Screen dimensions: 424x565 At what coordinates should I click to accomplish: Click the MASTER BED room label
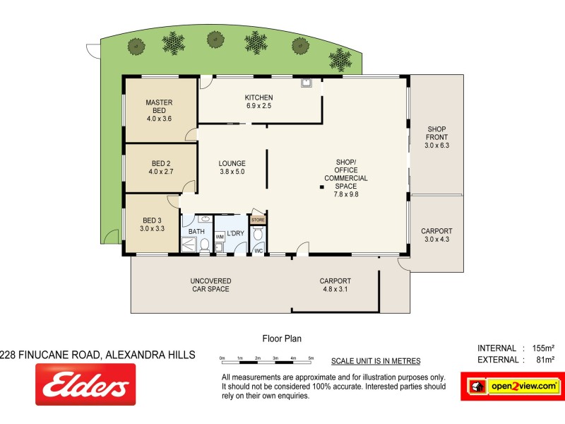(x=159, y=110)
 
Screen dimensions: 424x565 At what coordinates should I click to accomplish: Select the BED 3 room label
(x=153, y=224)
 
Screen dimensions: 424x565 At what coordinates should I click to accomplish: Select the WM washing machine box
(x=220, y=236)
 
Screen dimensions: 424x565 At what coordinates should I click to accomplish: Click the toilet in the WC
(x=258, y=235)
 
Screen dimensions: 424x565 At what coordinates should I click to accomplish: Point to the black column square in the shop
(x=321, y=187)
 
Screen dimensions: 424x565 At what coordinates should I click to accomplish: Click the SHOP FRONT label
(x=437, y=137)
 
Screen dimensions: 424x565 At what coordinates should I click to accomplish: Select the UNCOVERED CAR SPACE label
(x=210, y=285)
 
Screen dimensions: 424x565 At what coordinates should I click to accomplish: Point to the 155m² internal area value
(x=542, y=348)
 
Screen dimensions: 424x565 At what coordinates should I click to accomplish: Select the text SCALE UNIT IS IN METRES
(x=376, y=361)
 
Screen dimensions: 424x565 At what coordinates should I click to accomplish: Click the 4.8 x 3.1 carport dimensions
(x=335, y=289)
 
